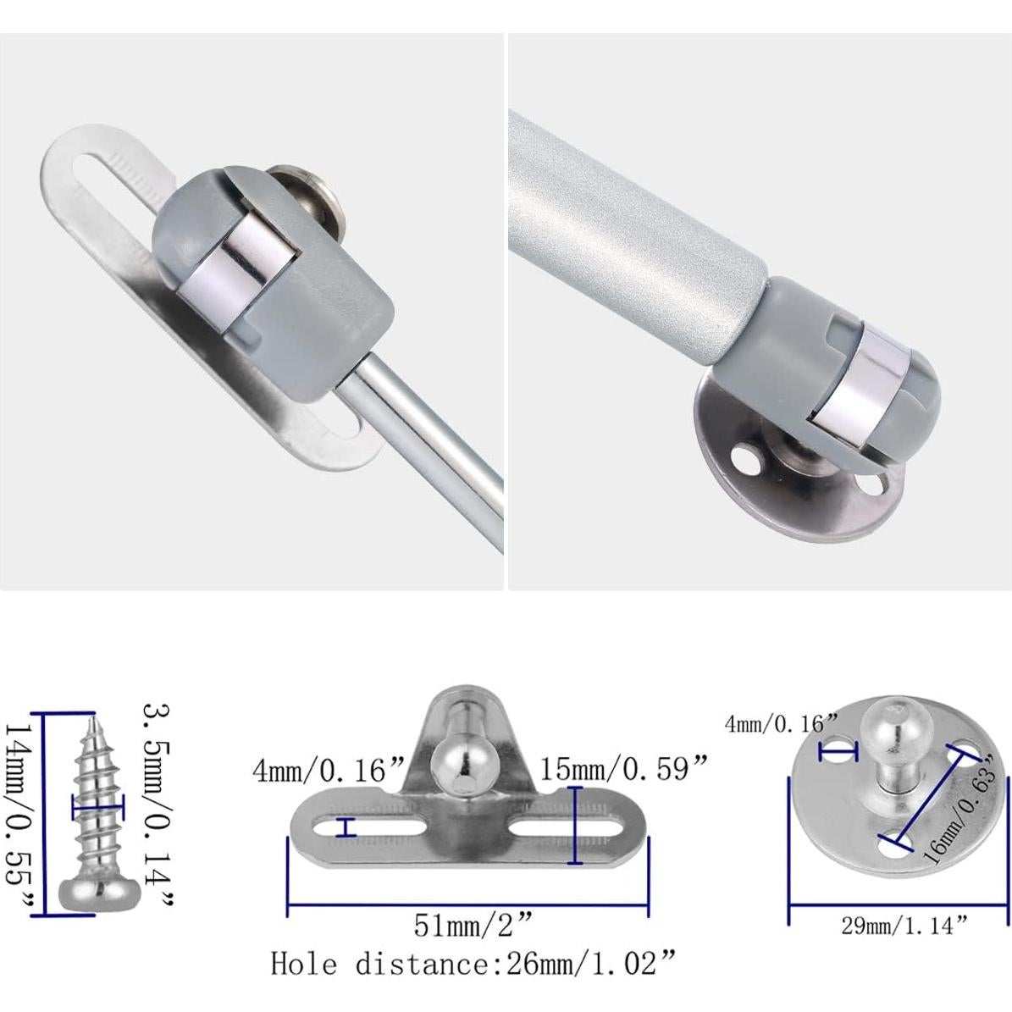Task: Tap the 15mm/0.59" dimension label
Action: tap(623, 770)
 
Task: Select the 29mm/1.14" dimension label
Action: tap(903, 926)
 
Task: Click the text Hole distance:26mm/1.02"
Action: tap(474, 964)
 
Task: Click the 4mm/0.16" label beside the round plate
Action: tap(781, 724)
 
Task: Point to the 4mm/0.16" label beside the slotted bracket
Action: tap(330, 771)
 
